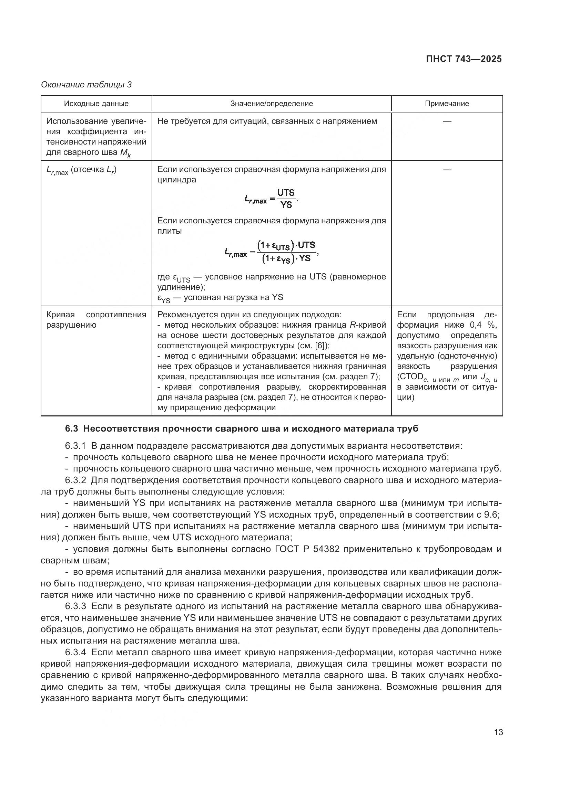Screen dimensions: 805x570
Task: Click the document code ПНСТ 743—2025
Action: (x=464, y=59)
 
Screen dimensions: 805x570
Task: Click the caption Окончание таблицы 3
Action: (x=86, y=85)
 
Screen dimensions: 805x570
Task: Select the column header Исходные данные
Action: (x=96, y=104)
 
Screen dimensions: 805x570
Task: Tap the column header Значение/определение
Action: (x=271, y=104)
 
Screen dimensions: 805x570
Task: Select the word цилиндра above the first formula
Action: (x=176, y=180)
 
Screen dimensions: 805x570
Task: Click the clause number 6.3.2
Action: (x=75, y=480)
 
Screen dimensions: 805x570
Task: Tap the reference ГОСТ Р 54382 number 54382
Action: (x=326, y=549)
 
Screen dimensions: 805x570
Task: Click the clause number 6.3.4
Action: (x=75, y=653)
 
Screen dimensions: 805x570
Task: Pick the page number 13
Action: (x=498, y=732)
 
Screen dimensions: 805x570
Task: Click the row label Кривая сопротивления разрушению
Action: (x=96, y=320)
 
